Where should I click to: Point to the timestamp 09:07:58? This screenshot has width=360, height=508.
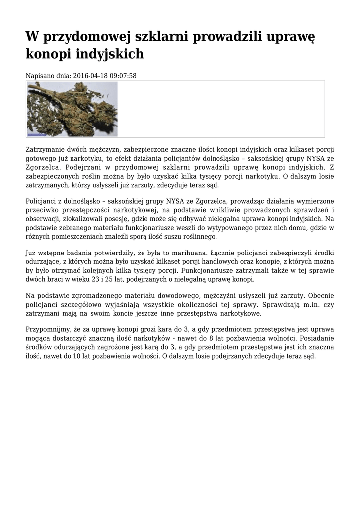pos(123,76)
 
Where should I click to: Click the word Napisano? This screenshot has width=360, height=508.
pos(39,76)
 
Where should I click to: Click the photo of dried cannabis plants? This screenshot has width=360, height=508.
pos(72,109)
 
